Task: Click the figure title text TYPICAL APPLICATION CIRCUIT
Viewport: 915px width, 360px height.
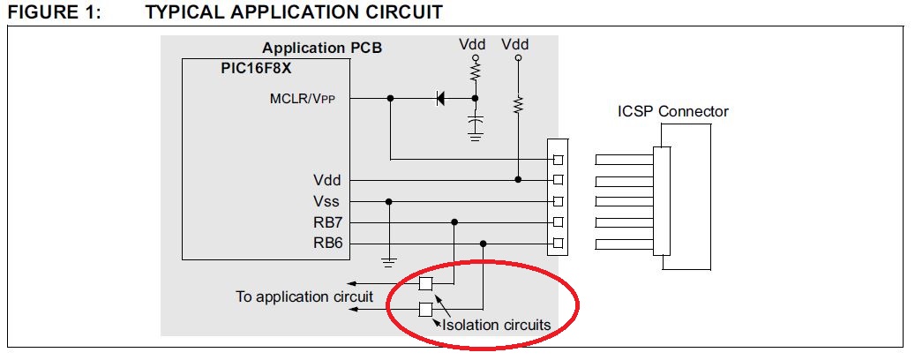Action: click(x=294, y=11)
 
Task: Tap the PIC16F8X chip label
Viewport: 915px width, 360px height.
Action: click(x=256, y=68)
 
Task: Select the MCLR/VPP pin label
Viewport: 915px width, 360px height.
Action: click(x=303, y=99)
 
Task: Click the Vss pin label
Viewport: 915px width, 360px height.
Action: click(x=326, y=202)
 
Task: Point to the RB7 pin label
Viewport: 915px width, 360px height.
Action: click(x=326, y=222)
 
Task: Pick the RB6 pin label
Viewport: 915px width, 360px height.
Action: click(x=326, y=244)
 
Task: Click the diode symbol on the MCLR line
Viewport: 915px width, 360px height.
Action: click(x=440, y=99)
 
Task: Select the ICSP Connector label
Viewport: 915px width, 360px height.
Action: click(x=673, y=111)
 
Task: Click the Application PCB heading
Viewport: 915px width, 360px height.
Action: click(x=322, y=48)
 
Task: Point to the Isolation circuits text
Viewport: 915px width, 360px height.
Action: click(x=496, y=325)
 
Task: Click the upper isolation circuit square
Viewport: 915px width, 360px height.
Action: click(x=426, y=284)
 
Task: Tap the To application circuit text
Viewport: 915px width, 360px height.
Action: click(x=304, y=296)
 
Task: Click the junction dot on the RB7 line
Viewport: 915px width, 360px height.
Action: click(x=454, y=222)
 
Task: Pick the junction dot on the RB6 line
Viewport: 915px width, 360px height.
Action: click(x=484, y=244)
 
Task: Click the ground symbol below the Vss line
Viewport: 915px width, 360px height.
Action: click(x=389, y=262)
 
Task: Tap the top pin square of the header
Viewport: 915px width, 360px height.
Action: click(x=558, y=160)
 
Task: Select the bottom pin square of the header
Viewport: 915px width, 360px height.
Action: click(x=558, y=244)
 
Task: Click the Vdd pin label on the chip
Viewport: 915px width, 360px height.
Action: click(x=326, y=180)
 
